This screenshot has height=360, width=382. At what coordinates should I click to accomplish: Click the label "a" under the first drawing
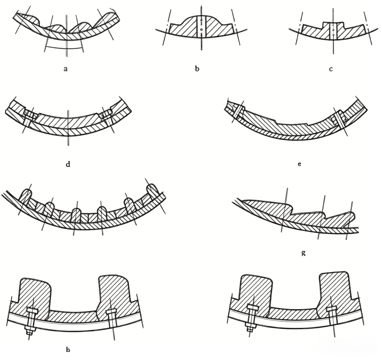point(65,69)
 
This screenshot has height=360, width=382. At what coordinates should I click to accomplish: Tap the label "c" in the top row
point(331,69)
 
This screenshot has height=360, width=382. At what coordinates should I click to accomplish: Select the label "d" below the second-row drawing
point(68,164)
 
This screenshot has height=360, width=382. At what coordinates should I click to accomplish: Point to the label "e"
point(300,164)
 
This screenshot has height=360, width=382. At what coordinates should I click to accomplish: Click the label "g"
point(303,253)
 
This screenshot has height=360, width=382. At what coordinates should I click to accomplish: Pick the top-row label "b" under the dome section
point(197,69)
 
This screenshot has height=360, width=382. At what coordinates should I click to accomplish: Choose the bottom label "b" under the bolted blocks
point(68,350)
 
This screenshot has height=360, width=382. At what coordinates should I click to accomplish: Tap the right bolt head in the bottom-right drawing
point(331,309)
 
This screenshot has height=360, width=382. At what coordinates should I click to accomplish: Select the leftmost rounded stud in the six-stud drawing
point(27,195)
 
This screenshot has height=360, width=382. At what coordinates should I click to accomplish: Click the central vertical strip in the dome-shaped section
point(201,27)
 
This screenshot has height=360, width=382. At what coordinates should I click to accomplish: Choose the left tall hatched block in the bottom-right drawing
point(256,290)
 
